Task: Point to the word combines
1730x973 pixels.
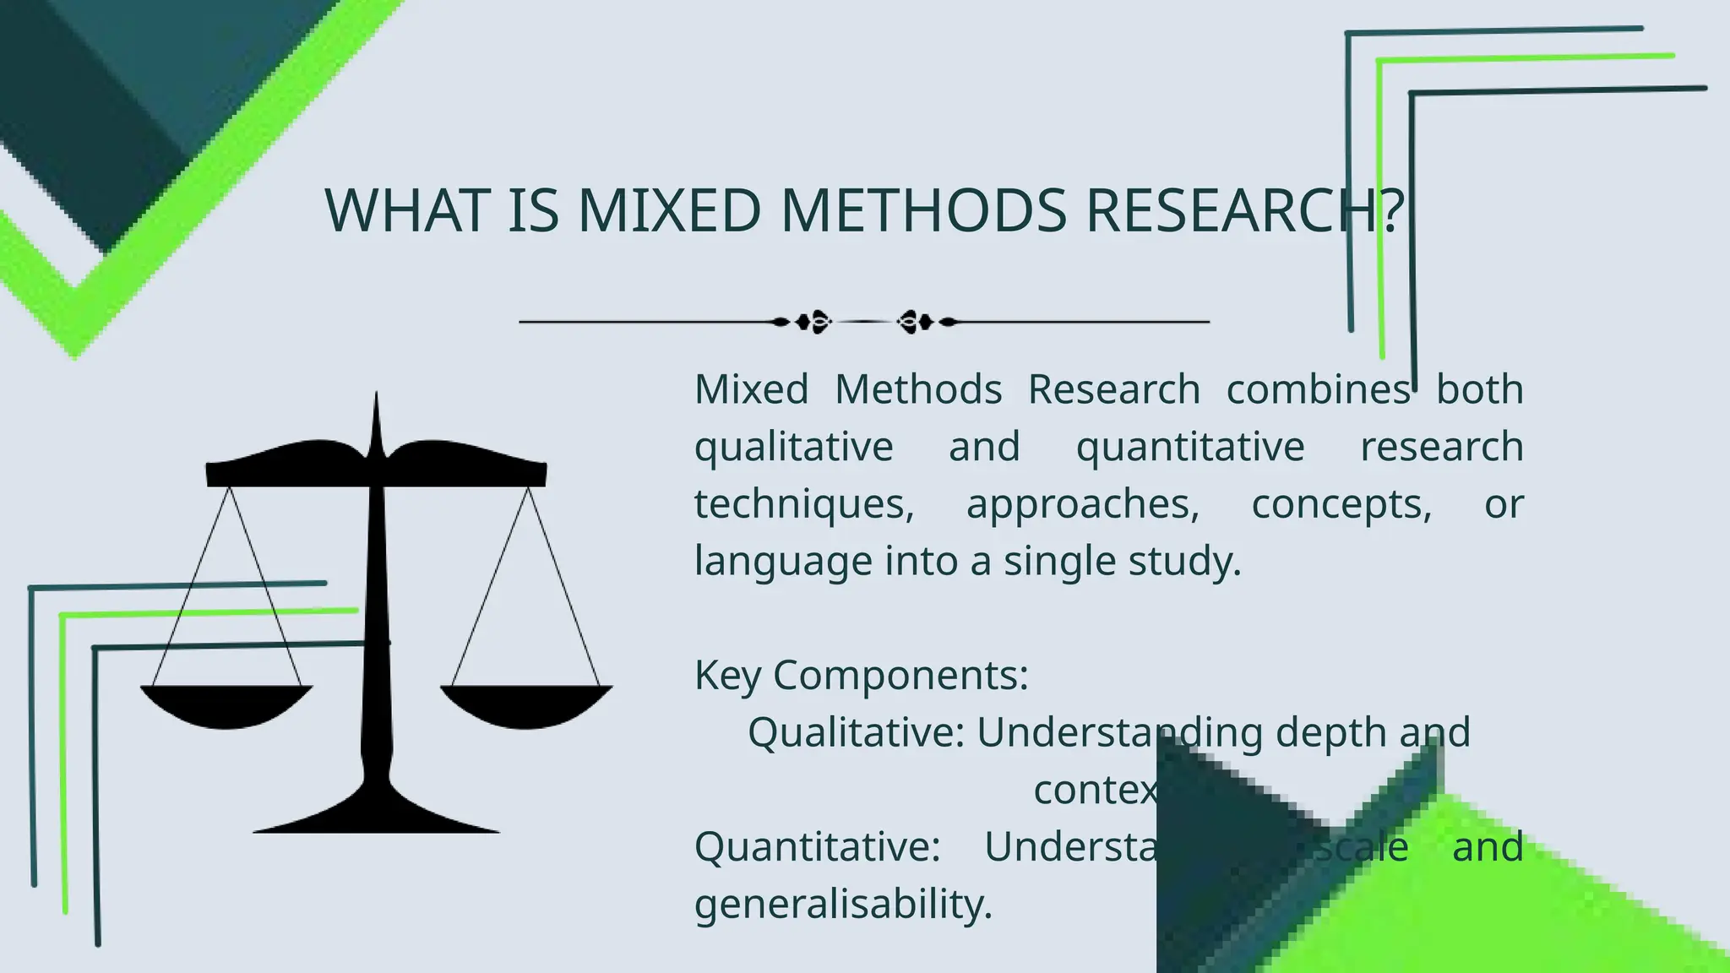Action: coord(1318,390)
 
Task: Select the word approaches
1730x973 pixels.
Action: coord(1082,505)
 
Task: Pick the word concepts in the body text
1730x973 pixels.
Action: coord(1341,505)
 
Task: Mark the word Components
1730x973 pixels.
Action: coord(900,676)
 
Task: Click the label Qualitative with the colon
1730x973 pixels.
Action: coord(856,732)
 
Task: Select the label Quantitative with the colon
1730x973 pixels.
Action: coord(817,847)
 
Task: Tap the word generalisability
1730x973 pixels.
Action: coord(843,905)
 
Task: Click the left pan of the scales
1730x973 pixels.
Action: coord(226,706)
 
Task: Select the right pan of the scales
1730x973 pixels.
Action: coord(526,706)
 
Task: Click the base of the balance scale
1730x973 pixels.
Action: coord(377,815)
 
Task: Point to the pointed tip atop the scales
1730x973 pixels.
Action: coord(376,405)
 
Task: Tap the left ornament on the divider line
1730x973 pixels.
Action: coord(812,322)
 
